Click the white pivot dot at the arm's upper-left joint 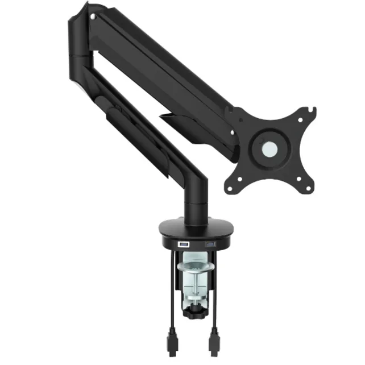pyautogui.click(x=92, y=18)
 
